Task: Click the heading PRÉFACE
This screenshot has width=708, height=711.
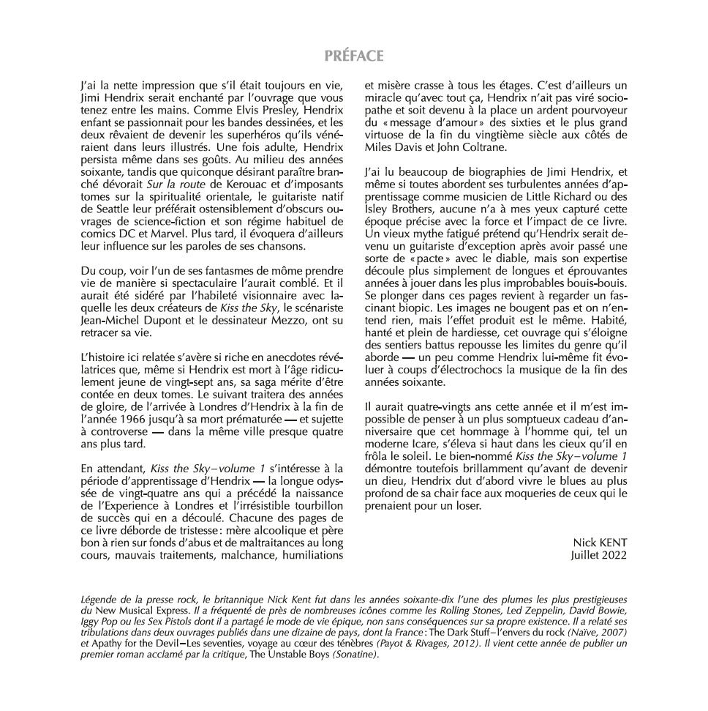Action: tap(354, 56)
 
